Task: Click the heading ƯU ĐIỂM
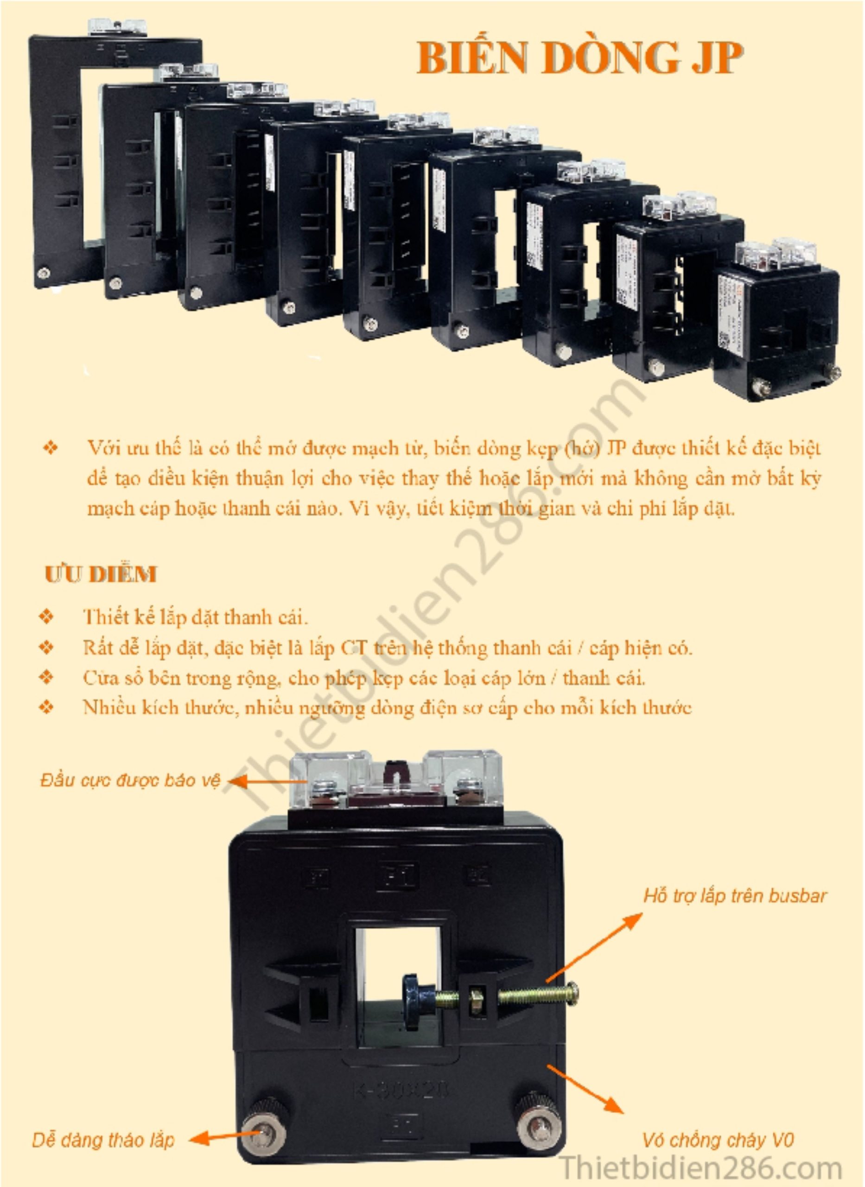[x=101, y=574]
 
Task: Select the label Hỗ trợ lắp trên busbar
[x=735, y=896]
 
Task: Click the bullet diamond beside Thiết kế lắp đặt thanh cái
[x=47, y=616]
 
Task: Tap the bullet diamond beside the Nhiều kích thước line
[x=47, y=708]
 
